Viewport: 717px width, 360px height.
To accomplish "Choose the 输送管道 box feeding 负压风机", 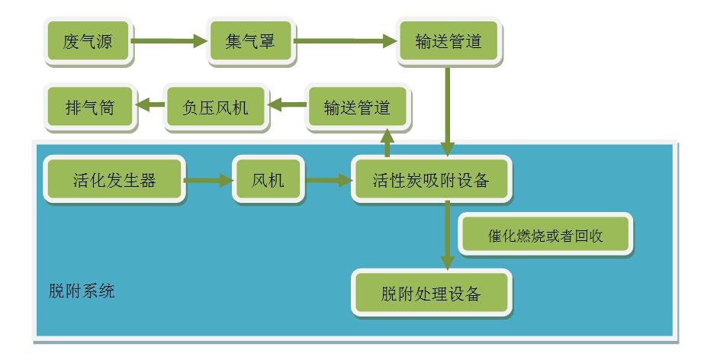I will [357, 108].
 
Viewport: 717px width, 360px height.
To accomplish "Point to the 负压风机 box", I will [216, 108].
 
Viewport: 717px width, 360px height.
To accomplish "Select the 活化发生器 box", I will [114, 180].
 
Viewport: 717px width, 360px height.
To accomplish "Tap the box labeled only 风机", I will [268, 180].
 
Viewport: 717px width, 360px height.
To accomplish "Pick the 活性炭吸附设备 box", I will [430, 180].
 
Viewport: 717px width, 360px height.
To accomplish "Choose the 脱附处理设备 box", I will [431, 294].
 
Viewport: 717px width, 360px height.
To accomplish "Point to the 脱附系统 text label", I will [80, 291].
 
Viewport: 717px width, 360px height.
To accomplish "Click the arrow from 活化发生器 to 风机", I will [207, 181].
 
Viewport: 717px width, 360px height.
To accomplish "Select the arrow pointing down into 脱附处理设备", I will [448, 236].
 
